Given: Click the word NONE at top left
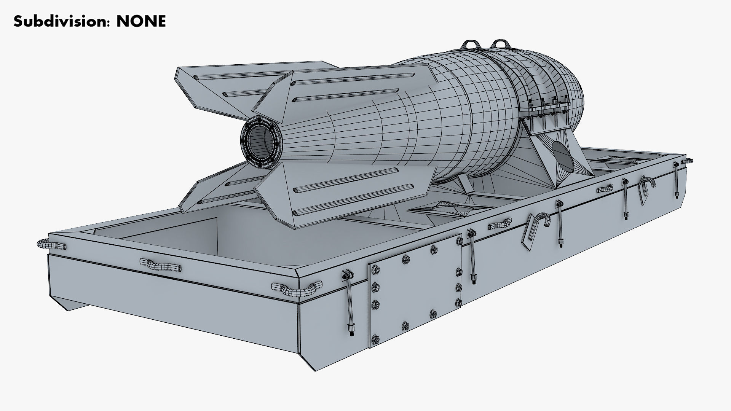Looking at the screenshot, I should (141, 21).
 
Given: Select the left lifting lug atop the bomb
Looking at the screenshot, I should (471, 45).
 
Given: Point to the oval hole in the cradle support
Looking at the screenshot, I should (563, 156).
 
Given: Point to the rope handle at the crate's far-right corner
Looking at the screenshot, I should (688, 161).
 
